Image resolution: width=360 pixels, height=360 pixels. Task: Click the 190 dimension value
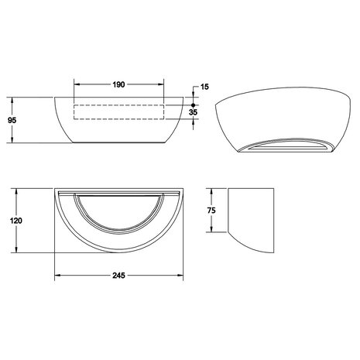(x=119, y=84)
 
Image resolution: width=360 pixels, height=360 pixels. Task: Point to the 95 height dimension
(x=12, y=120)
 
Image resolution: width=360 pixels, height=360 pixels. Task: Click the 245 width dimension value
(x=118, y=275)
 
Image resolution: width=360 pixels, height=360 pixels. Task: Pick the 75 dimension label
(x=222, y=211)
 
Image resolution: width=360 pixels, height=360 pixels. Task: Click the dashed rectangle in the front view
(x=119, y=111)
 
